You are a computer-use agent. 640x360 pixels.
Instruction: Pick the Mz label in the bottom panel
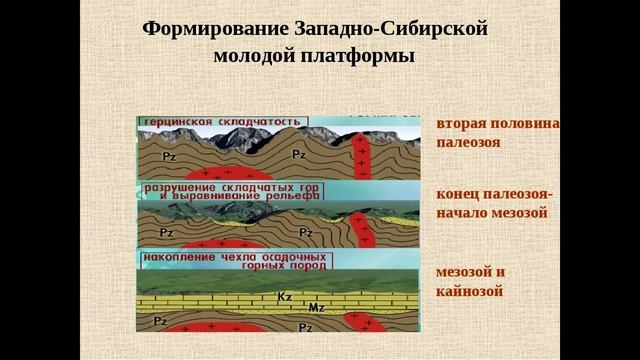[316, 306]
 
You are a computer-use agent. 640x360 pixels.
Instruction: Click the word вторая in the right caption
[463, 124]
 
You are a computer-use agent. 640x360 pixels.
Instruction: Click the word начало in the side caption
[465, 213]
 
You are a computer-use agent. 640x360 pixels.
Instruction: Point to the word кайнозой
[469, 291]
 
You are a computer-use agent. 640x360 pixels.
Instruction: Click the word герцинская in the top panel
[176, 120]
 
